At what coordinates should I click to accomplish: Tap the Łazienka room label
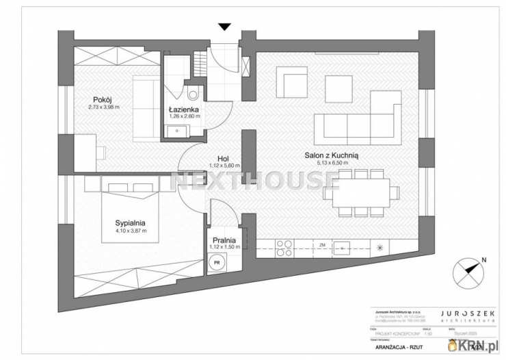184,109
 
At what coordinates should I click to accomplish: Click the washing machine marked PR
217,262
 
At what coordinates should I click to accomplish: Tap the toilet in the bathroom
192,95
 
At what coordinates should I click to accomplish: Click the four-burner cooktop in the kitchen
284,248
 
